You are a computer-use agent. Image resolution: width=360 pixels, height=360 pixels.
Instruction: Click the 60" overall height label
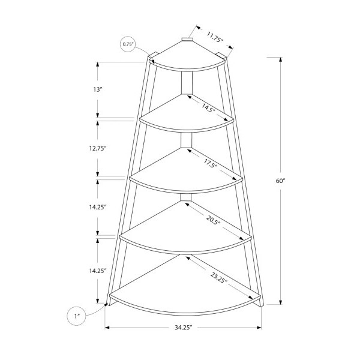coord(280,181)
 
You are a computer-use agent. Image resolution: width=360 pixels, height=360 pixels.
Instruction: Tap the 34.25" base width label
coord(183,328)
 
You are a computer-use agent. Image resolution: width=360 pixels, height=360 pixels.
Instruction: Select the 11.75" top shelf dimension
coord(215,37)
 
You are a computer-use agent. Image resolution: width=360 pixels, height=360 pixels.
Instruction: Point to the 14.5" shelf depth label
coord(208,107)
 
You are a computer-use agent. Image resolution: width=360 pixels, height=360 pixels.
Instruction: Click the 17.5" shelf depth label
coord(210,163)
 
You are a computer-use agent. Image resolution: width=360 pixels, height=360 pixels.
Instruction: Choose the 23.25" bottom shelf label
coord(218,278)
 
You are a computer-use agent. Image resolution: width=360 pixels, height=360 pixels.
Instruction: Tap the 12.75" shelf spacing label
coord(98,148)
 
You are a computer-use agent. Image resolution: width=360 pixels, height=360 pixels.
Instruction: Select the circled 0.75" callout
coord(128,44)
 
